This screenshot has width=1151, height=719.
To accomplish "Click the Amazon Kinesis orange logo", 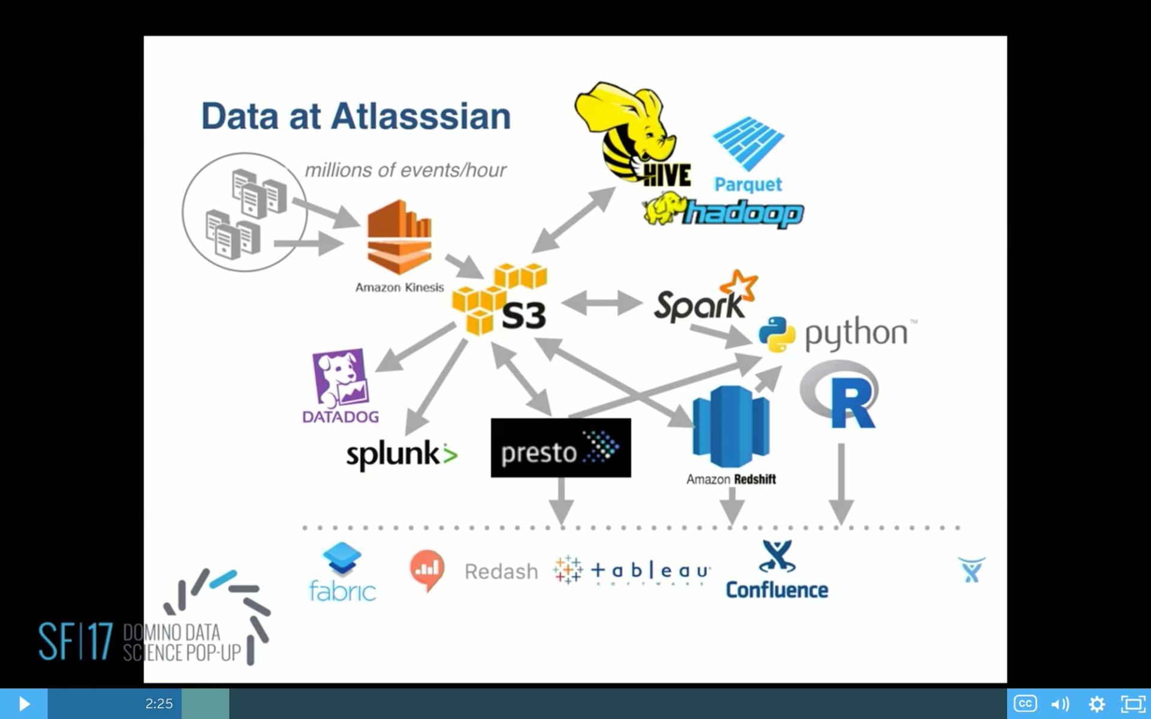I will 399,238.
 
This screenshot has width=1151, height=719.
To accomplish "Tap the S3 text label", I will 523,315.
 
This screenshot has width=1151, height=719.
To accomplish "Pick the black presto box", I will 561,448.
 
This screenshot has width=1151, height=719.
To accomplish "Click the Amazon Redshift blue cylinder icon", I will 731,426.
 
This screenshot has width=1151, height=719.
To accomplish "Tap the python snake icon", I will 777,334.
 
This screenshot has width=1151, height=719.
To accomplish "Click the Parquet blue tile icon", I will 748,143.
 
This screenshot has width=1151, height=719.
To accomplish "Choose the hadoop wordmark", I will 743,213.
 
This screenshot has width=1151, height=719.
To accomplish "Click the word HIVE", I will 667,175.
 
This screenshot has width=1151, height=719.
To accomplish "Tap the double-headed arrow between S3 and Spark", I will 602,303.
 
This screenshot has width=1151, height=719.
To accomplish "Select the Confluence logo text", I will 776,590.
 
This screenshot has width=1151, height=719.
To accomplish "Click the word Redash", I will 501,572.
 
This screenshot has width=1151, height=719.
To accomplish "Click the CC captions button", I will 1025,703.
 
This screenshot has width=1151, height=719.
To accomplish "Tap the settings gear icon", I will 1096,703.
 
